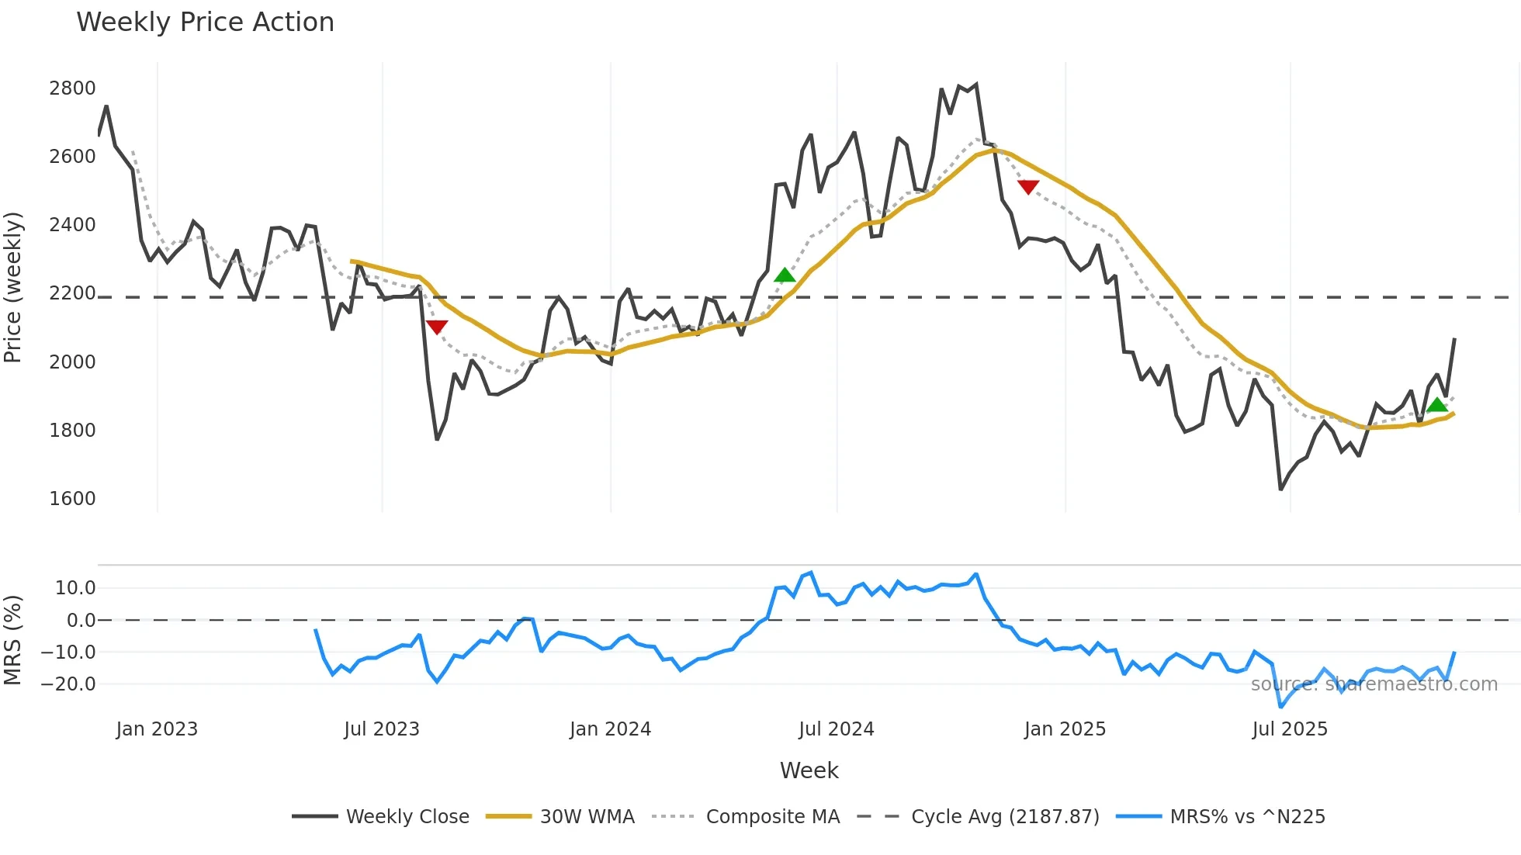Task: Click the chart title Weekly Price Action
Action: pyautogui.click(x=205, y=22)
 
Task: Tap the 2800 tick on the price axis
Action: pyautogui.click(x=72, y=88)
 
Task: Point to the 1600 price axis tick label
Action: pyautogui.click(x=72, y=499)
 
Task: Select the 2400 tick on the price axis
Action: pyautogui.click(x=72, y=225)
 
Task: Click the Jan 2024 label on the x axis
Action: pyautogui.click(x=610, y=729)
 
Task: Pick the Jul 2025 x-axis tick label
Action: pyautogui.click(x=1290, y=729)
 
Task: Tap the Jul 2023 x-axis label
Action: pyautogui.click(x=382, y=729)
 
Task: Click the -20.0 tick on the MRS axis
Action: pyautogui.click(x=68, y=684)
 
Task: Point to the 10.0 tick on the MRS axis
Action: pyautogui.click(x=75, y=588)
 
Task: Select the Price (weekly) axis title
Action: pyautogui.click(x=13, y=287)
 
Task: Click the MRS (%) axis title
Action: pyautogui.click(x=13, y=640)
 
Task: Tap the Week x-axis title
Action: pyautogui.click(x=809, y=770)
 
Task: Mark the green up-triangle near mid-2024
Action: pyautogui.click(x=785, y=275)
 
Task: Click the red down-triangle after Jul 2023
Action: pyautogui.click(x=437, y=327)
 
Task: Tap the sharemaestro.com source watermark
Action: pyautogui.click(x=1374, y=684)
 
